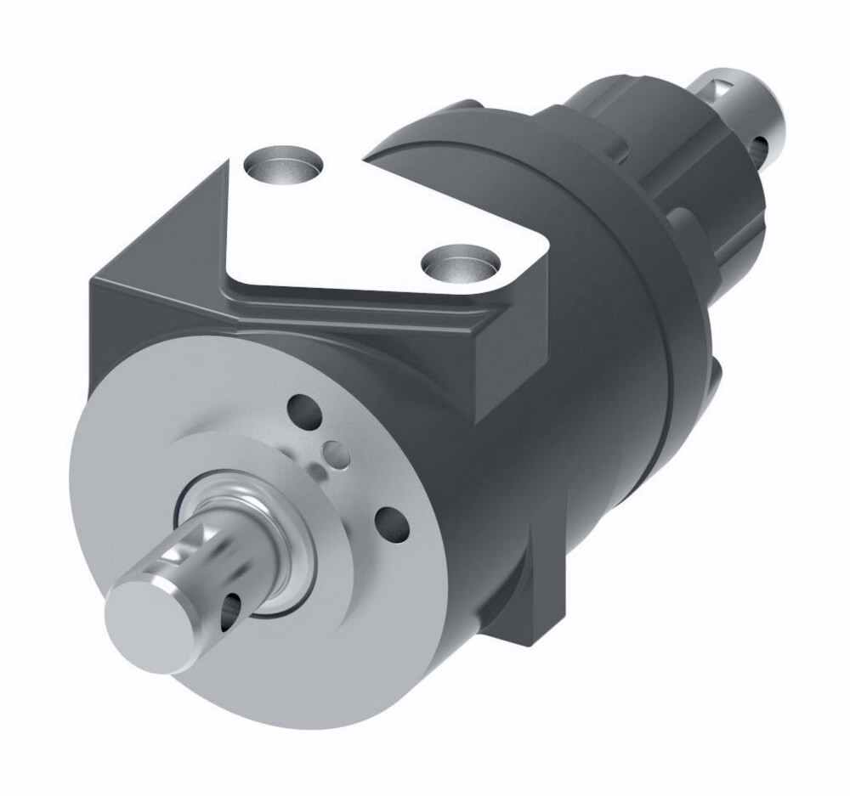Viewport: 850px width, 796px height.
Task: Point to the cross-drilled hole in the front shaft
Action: pyautogui.click(x=229, y=607)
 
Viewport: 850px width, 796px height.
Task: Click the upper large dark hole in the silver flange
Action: pyautogui.click(x=303, y=410)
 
